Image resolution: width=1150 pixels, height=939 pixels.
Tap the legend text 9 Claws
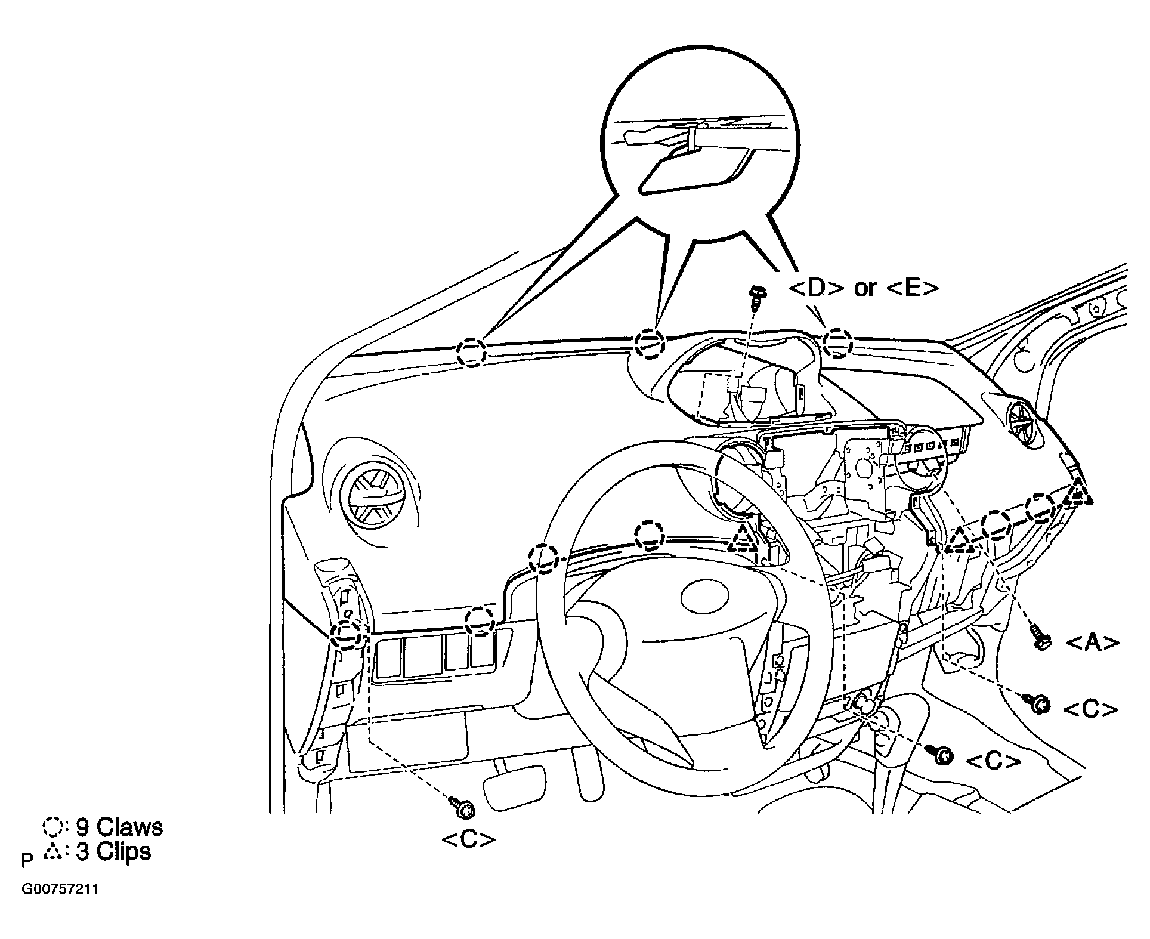coord(119,827)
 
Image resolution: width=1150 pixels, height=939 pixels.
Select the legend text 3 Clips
coord(113,851)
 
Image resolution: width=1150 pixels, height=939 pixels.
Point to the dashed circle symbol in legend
coord(52,827)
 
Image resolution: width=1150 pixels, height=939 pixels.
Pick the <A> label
coord(1092,643)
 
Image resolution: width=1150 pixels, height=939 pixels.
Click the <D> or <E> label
coord(863,288)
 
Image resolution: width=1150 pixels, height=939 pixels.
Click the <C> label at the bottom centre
coord(468,839)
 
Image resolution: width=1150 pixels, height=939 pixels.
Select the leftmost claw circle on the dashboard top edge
coord(472,351)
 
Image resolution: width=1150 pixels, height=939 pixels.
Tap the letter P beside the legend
coord(27,861)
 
